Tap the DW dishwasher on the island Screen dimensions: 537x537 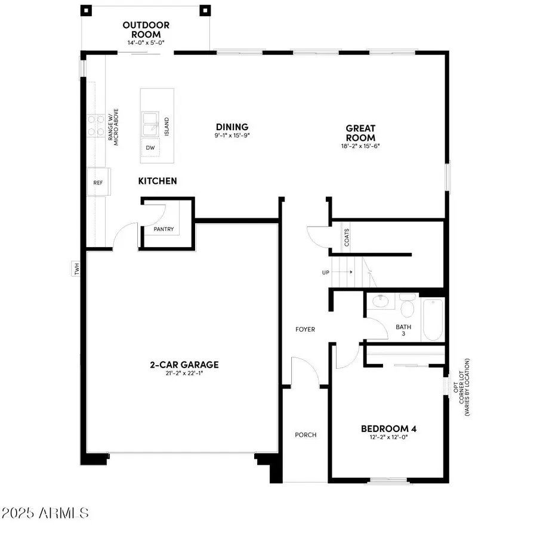[x=150, y=147]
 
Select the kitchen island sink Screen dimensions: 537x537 [x=150, y=124]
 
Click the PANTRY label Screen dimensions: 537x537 [x=163, y=229]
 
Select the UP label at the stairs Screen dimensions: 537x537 [x=325, y=272]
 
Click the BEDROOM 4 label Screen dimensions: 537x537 [x=388, y=428]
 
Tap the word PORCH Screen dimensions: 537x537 [x=305, y=434]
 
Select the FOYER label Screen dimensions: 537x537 [x=305, y=329]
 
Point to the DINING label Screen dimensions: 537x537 [x=232, y=126]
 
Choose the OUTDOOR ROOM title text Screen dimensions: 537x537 [x=146, y=30]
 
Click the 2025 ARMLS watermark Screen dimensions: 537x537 [x=45, y=513]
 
